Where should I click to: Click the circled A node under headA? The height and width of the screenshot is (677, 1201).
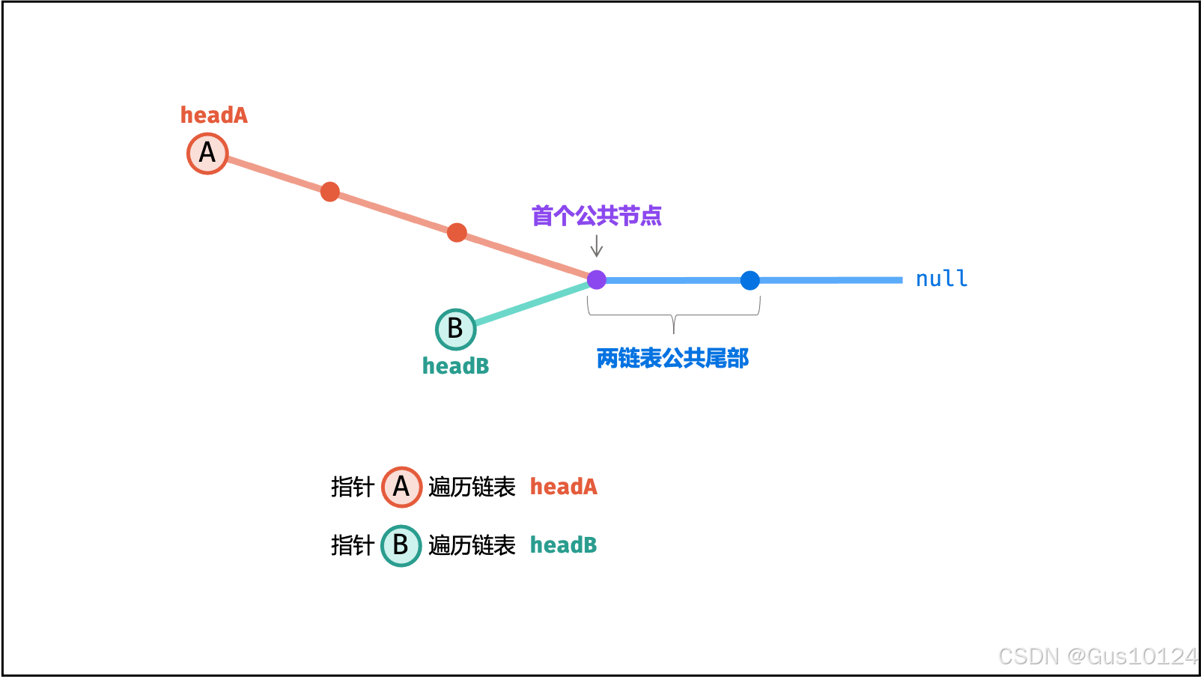click(207, 154)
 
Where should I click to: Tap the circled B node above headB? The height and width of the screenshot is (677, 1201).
click(455, 329)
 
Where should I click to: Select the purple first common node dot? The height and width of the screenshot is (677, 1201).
click(597, 280)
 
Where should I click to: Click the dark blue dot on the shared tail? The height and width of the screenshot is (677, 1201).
click(750, 280)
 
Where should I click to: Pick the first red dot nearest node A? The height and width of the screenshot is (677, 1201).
click(330, 192)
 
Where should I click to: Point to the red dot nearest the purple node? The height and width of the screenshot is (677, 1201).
click(457, 233)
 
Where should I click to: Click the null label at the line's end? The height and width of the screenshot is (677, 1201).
click(941, 279)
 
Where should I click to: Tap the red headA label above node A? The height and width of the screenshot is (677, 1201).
click(213, 115)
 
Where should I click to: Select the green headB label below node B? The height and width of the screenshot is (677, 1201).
click(455, 366)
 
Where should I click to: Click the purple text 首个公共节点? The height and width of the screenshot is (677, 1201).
click(597, 216)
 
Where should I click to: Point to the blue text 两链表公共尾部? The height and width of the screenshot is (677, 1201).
click(672, 359)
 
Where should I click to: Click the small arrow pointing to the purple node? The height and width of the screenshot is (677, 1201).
click(597, 246)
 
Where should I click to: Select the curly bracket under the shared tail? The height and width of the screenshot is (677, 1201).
click(674, 315)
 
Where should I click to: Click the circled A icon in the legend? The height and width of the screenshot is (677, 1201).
click(401, 487)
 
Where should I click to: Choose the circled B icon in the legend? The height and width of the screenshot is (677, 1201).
click(401, 545)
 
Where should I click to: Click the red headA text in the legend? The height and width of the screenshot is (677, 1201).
click(563, 487)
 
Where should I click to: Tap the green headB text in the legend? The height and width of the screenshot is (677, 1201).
click(563, 545)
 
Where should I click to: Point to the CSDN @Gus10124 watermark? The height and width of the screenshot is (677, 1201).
click(1098, 656)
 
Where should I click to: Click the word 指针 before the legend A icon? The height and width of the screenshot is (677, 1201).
click(352, 487)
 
